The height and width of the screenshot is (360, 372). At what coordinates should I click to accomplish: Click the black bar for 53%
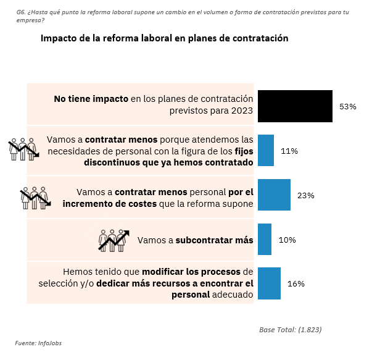[295, 106]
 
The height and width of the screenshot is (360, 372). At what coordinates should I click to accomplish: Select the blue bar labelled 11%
[265, 151]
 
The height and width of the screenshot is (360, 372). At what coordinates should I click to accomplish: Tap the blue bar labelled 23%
[274, 195]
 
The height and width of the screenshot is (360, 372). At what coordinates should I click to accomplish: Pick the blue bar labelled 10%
[265, 240]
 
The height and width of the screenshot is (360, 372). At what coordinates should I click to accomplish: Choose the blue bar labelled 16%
[269, 283]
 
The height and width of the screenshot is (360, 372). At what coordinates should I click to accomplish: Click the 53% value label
[348, 106]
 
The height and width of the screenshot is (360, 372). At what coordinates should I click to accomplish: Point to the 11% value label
[289, 151]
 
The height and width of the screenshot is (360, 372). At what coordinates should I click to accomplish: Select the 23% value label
[306, 195]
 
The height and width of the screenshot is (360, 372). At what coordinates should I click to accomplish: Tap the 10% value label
[287, 240]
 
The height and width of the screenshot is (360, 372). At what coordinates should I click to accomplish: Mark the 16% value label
[296, 283]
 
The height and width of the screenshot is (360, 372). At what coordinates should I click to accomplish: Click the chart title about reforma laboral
[165, 38]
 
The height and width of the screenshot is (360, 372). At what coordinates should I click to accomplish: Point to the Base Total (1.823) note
[290, 329]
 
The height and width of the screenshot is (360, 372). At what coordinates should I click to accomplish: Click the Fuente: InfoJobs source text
[38, 343]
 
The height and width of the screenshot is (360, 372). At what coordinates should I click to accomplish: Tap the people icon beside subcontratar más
[114, 240]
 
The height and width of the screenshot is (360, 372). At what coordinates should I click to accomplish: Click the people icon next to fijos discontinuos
[23, 149]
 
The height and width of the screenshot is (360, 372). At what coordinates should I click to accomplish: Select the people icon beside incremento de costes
[35, 196]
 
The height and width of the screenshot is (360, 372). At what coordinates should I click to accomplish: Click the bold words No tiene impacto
[91, 99]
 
